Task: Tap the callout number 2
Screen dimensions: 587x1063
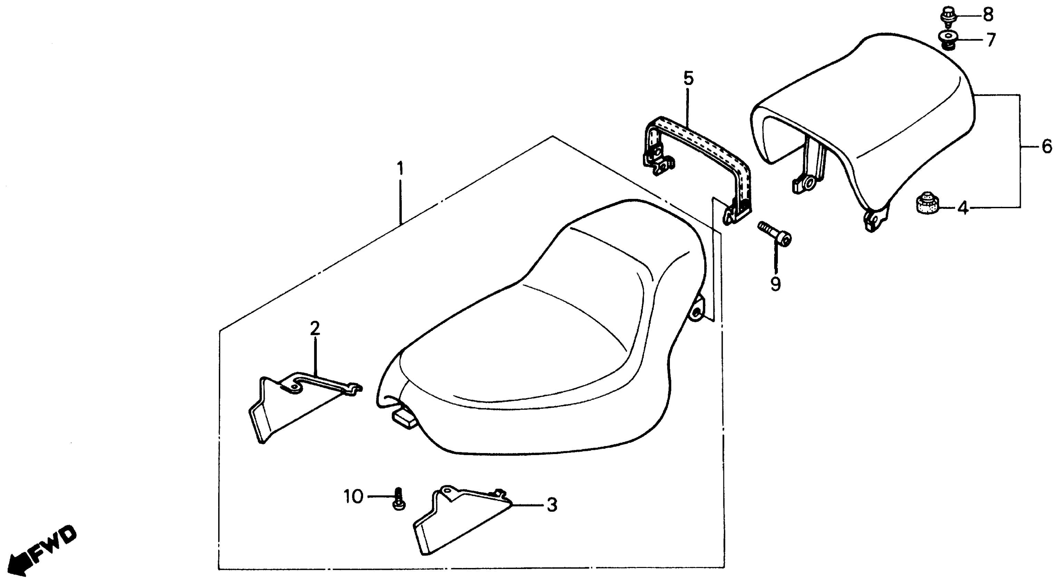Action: click(315, 329)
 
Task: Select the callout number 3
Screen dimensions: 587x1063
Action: click(552, 505)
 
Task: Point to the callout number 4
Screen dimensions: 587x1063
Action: click(963, 209)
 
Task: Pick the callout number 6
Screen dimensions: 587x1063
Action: click(1047, 146)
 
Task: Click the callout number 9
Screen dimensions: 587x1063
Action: click(776, 284)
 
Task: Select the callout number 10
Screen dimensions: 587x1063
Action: click(353, 497)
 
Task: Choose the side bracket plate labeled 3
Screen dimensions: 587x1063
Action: click(458, 520)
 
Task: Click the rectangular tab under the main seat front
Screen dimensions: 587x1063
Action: click(404, 416)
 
